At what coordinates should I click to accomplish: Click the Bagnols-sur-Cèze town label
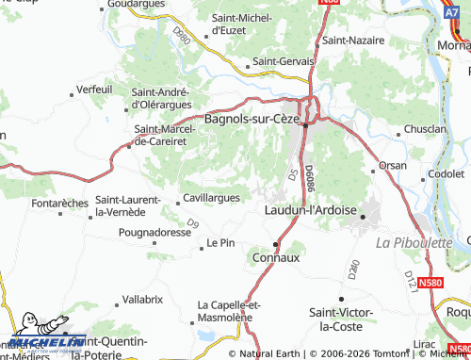coord(252,121)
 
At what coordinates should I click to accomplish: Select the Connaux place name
coord(277,256)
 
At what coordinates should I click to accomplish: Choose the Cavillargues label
coord(217,198)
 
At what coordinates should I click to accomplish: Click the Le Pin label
coord(219,242)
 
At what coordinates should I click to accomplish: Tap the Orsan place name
coord(392,165)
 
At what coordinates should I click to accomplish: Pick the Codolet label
coord(446,174)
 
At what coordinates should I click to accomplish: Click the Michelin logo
coord(45,339)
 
